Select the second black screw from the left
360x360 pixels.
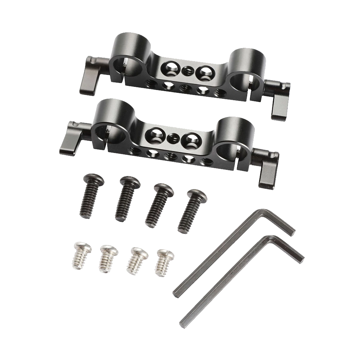[125, 199]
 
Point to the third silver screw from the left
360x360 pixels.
[136, 261]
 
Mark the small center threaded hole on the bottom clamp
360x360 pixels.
[172, 137]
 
